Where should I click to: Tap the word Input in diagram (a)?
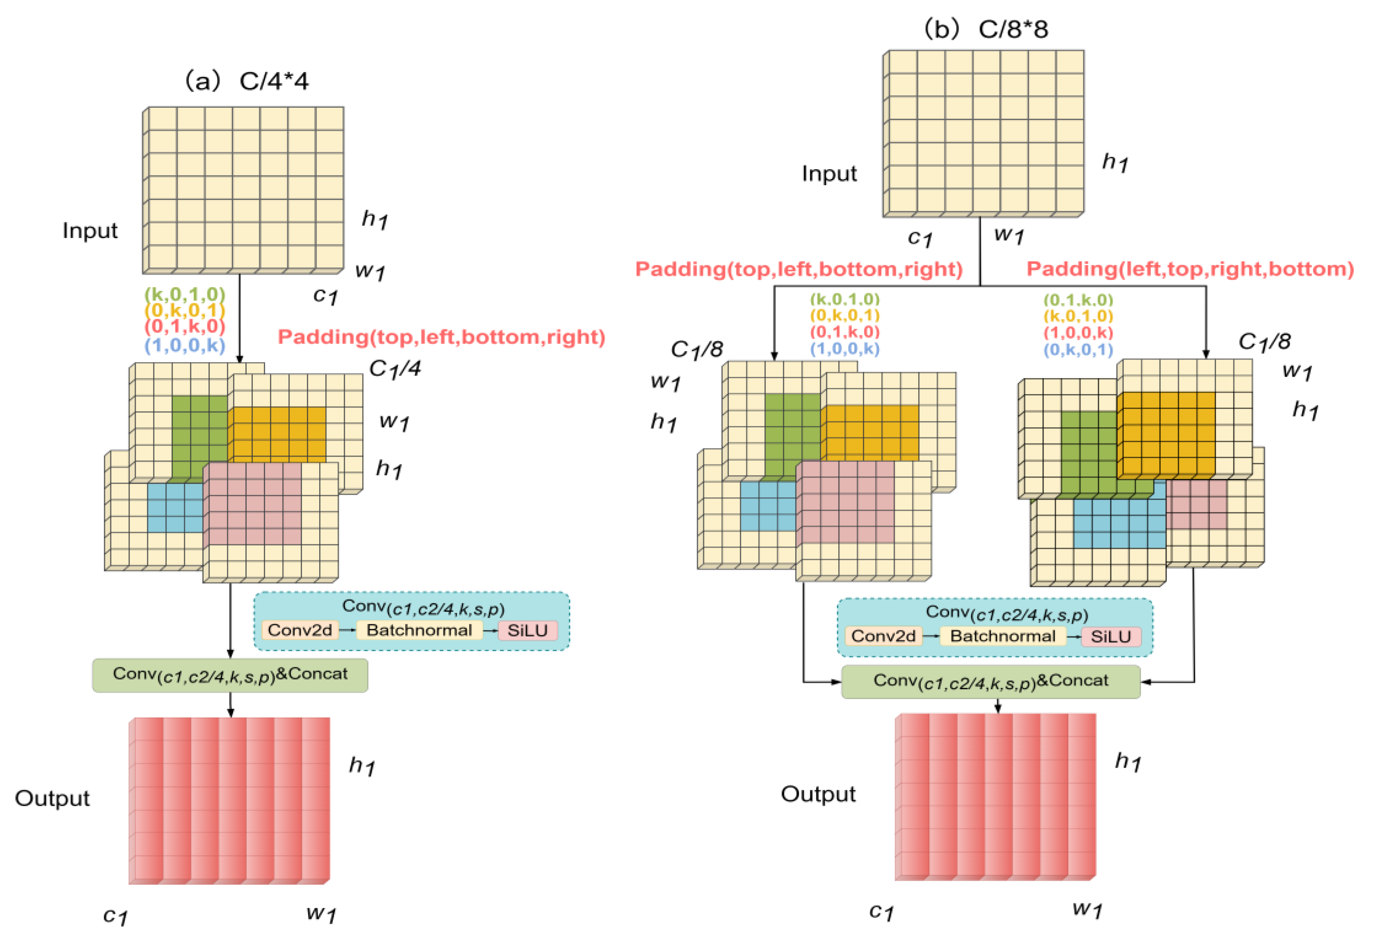tap(90, 230)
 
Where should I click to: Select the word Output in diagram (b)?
tap(818, 794)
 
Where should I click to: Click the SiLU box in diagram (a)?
tap(527, 630)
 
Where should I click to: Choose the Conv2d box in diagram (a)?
tap(300, 630)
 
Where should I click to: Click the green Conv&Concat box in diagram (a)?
tap(230, 675)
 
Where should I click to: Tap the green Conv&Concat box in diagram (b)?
tap(990, 682)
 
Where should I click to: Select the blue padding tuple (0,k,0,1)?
tap(1078, 350)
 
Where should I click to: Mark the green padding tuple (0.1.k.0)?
tap(1078, 299)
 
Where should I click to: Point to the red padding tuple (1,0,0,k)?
tap(1078, 333)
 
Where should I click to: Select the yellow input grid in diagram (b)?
tap(984, 133)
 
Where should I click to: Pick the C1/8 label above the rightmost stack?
tap(1264, 342)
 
